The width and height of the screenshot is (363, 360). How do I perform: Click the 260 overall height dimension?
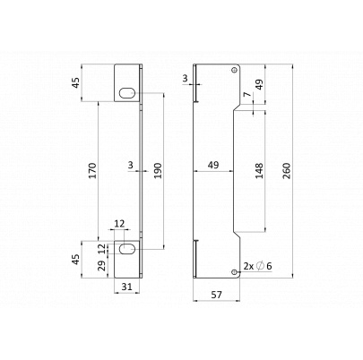point(286,171)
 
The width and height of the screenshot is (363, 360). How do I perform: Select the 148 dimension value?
point(259,171)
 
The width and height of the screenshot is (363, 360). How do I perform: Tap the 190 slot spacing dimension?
point(158,171)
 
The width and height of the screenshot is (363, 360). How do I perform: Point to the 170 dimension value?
point(92,171)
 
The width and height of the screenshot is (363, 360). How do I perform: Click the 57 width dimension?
point(217,295)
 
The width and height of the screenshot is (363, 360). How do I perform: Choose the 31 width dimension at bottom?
point(127,287)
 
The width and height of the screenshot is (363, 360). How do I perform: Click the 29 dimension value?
point(102,265)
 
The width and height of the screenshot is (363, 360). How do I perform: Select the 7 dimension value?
point(246,95)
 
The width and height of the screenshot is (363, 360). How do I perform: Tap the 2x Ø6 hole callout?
point(257,266)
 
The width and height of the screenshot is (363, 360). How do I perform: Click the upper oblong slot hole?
point(126,93)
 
